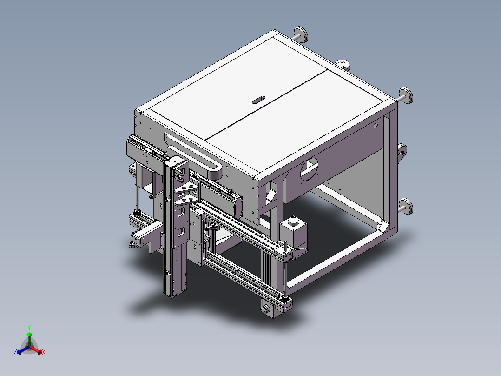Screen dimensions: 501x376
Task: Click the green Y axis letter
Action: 29,327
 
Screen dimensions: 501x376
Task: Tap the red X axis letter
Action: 44,352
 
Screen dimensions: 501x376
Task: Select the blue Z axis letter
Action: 15,352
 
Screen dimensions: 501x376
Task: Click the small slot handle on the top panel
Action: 258,100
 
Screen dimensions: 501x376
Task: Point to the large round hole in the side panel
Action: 310,169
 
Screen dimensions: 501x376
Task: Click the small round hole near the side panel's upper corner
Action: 376,126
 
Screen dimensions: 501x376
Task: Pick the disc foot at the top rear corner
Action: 301,34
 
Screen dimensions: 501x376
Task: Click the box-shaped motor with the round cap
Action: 293,235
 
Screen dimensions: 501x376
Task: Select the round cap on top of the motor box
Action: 293,221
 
